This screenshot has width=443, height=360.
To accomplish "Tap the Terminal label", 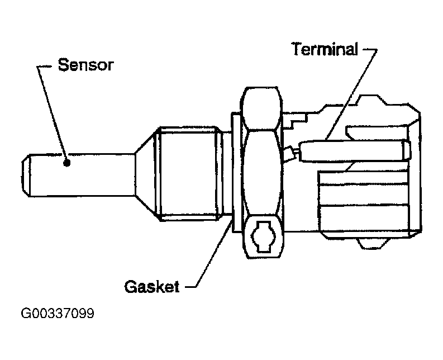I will [324, 49].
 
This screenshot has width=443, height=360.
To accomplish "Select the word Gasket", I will [151, 287].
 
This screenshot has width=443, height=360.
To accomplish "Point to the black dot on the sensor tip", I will [67, 163].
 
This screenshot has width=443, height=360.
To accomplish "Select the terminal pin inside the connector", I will [352, 150].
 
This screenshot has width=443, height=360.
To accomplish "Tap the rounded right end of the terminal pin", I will [406, 150].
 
